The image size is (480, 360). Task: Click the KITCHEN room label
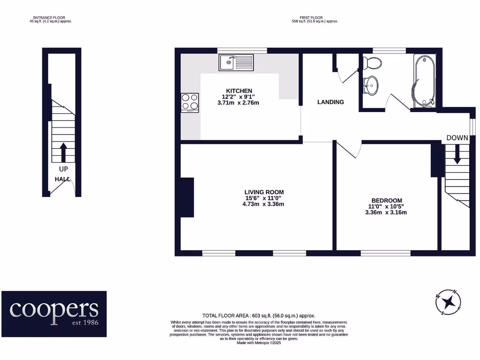[x=239, y=91]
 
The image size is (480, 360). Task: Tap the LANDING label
[x=330, y=102]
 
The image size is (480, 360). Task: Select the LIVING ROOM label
[x=264, y=192]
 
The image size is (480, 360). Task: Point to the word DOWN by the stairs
[x=457, y=138]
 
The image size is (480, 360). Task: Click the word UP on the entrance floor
[x=63, y=169]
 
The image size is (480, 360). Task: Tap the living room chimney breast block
[x=187, y=197]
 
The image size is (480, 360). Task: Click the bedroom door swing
[x=348, y=150]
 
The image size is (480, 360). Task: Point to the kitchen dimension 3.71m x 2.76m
[x=238, y=103]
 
